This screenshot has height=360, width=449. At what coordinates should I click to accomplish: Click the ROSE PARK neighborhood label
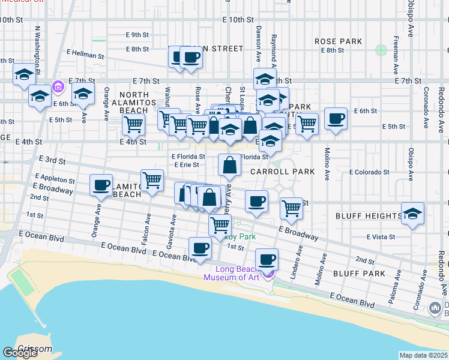click(338, 41)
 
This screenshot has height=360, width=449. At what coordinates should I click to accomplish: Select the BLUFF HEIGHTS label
click(376, 215)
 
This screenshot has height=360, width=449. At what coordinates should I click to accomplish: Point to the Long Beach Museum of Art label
click(231, 273)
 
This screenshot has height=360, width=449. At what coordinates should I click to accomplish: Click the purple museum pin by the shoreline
click(268, 274)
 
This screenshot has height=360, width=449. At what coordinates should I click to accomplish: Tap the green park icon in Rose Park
click(380, 50)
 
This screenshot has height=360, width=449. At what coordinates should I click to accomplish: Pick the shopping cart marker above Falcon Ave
click(152, 179)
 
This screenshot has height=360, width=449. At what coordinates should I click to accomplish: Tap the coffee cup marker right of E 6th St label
click(336, 118)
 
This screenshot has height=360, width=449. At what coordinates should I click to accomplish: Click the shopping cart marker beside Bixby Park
click(220, 225)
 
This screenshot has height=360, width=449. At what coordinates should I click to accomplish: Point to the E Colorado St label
click(369, 172)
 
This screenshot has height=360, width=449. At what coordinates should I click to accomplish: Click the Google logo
click(20, 353)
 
